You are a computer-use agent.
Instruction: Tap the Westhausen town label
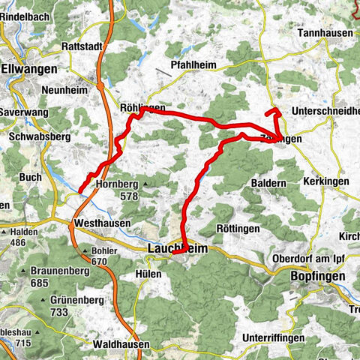(x=103, y=223)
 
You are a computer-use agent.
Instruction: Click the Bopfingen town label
(x=317, y=276)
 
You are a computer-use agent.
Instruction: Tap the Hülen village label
(x=149, y=274)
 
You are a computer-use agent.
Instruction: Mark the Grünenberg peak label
(x=65, y=299)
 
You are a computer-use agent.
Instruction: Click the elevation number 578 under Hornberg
(x=129, y=196)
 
